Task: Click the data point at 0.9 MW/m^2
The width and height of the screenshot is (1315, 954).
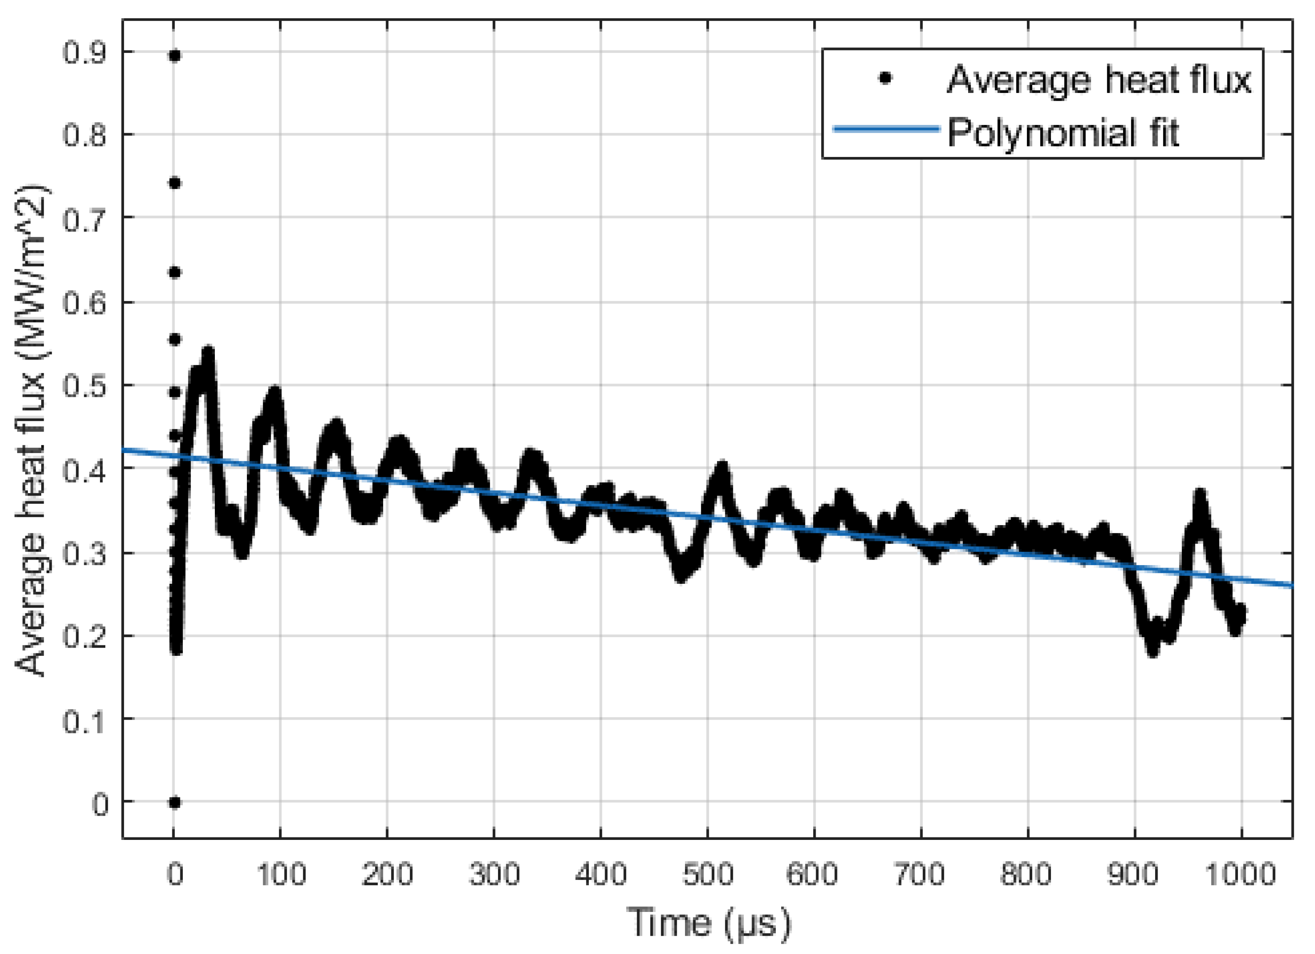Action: tap(174, 56)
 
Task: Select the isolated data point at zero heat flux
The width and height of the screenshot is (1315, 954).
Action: tap(174, 803)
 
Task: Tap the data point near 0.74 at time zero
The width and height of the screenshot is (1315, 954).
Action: tap(174, 184)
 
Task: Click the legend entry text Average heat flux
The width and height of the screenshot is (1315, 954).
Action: tap(1099, 80)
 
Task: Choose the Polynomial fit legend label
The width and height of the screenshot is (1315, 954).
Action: tap(1063, 133)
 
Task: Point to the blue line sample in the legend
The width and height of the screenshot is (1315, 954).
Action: tap(886, 129)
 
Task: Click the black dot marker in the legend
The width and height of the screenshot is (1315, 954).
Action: tap(885, 78)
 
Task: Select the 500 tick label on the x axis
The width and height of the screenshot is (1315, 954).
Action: tap(707, 874)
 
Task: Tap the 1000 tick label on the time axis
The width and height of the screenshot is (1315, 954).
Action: tap(1241, 874)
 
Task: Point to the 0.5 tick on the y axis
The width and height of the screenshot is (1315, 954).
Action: tap(85, 386)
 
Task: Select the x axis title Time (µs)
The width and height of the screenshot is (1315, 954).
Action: tap(709, 922)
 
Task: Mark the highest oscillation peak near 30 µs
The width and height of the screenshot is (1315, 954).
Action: tap(207, 351)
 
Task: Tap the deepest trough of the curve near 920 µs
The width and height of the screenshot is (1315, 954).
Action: tap(1153, 651)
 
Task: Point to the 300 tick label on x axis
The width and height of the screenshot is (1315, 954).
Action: tap(494, 874)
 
